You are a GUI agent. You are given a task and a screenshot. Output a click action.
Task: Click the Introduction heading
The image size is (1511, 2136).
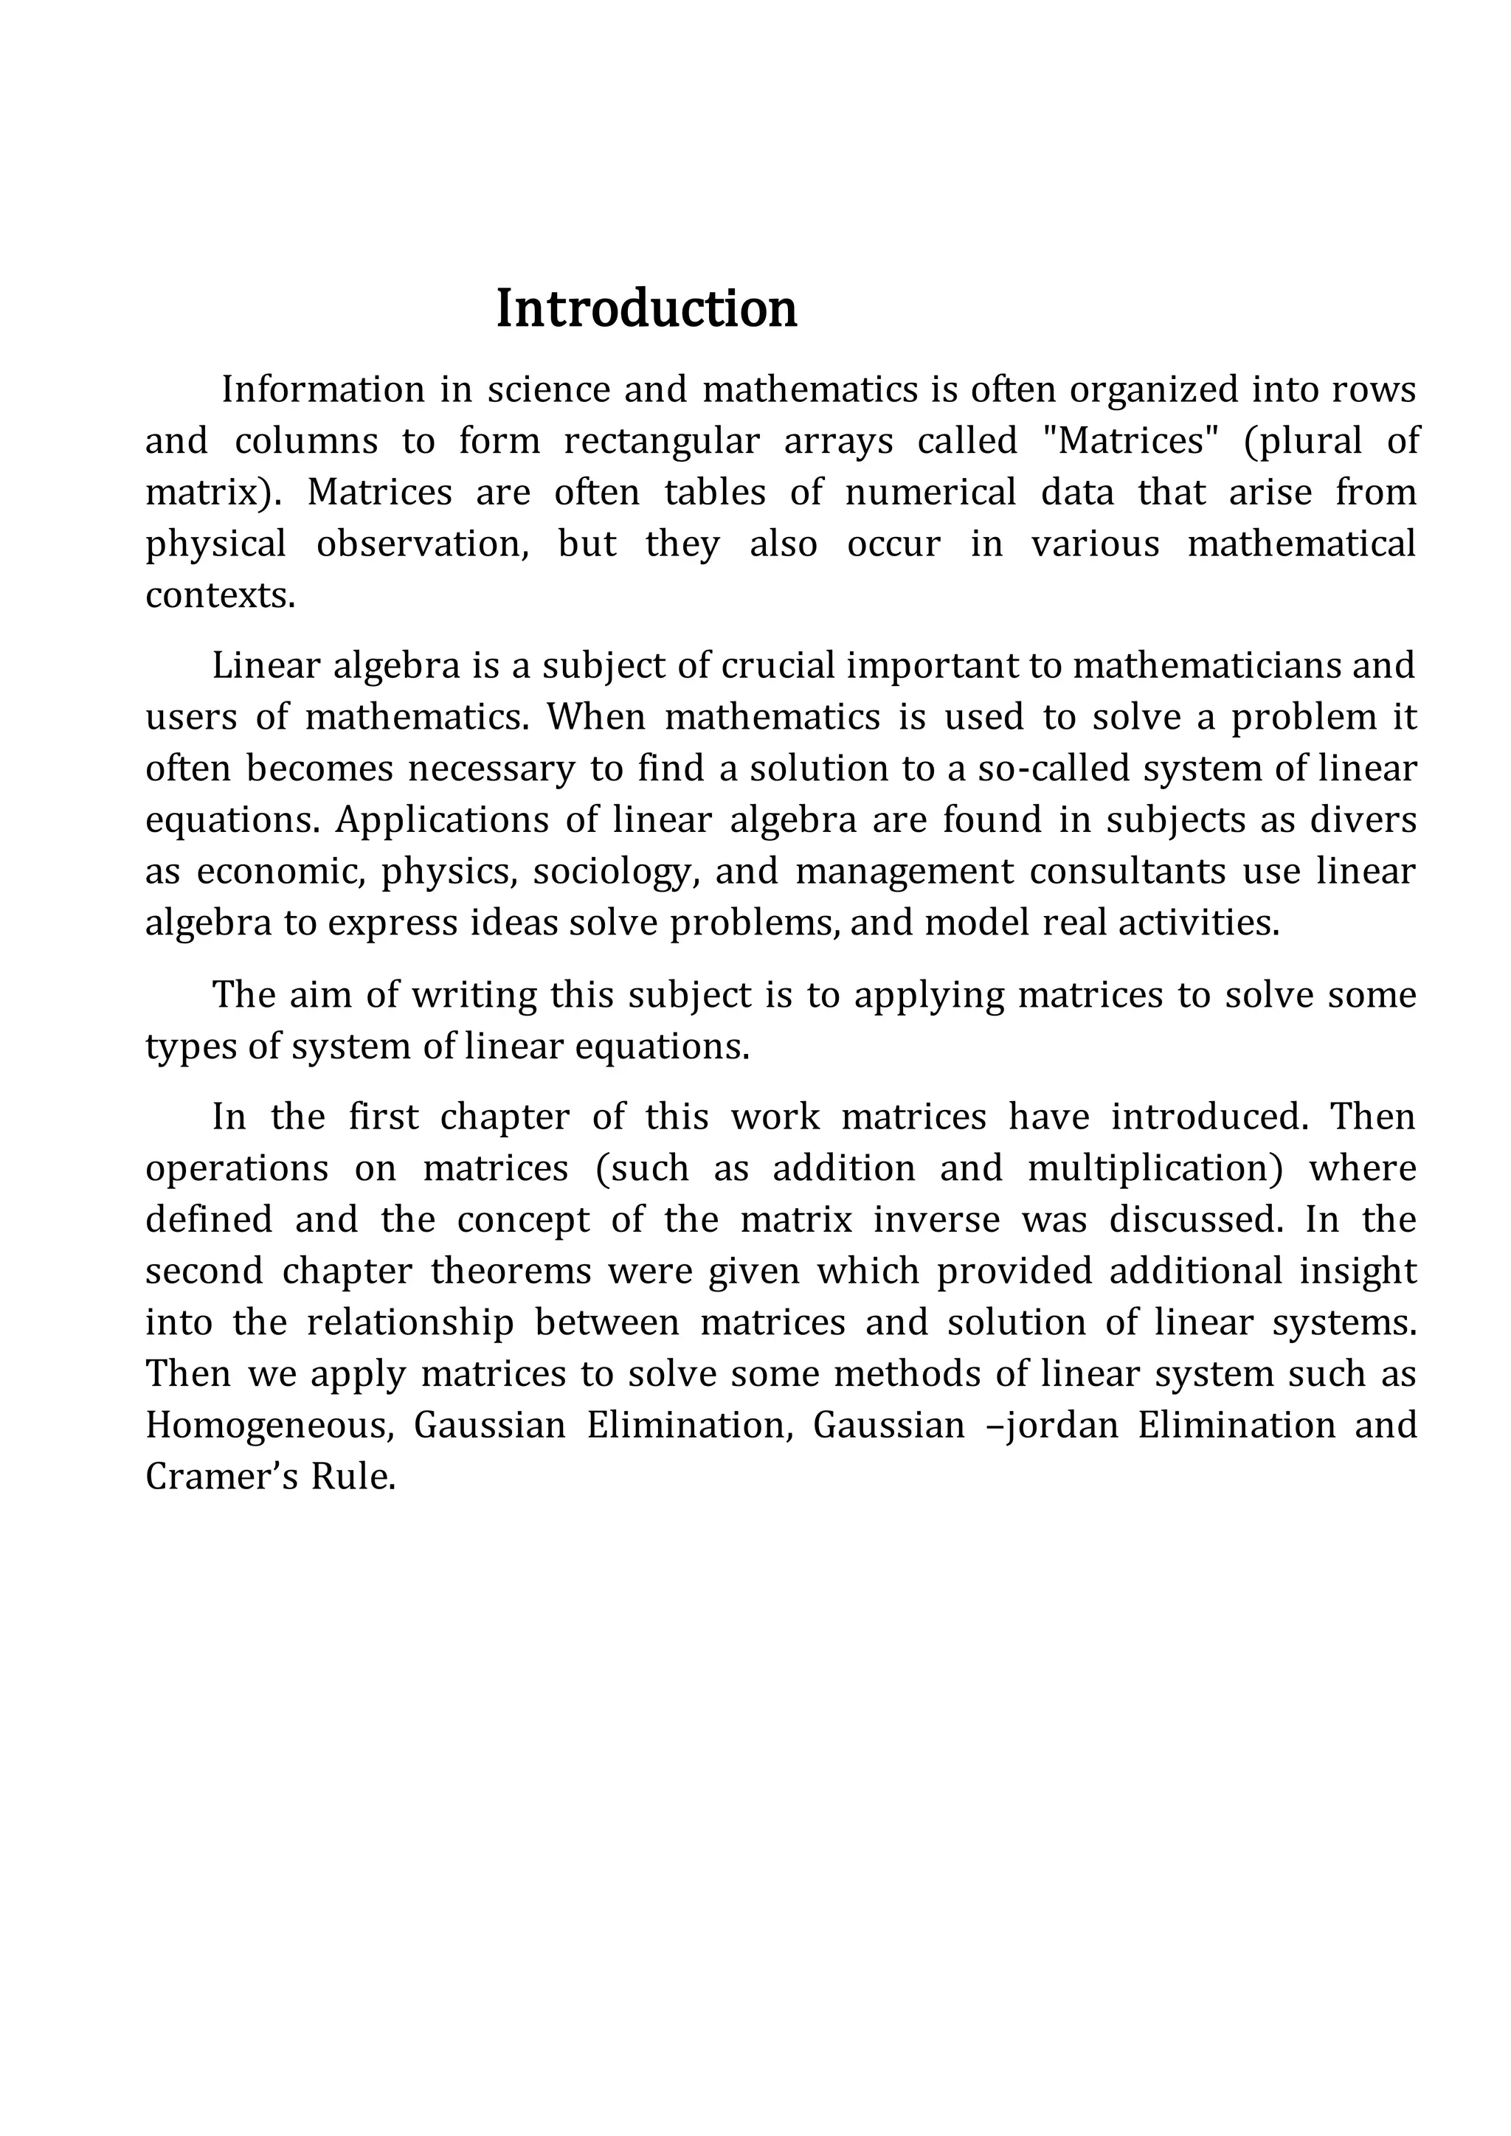coord(646,309)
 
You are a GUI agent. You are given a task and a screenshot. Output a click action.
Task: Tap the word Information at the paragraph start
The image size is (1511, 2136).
coord(323,389)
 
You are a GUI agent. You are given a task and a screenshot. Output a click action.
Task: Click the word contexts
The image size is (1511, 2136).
coord(220,595)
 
